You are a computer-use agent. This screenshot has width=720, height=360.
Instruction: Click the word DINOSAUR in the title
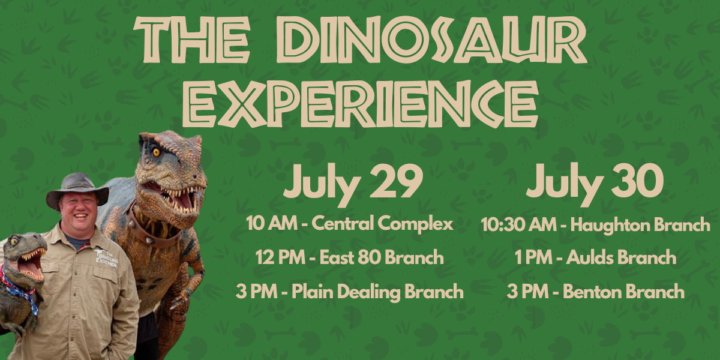[x=431, y=39]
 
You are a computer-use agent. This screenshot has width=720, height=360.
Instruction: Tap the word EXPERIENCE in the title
[x=360, y=103]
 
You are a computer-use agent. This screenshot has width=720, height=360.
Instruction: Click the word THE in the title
[x=192, y=40]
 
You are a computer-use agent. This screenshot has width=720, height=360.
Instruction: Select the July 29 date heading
[x=353, y=183]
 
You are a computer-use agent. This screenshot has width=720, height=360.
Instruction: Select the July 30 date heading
[x=595, y=183]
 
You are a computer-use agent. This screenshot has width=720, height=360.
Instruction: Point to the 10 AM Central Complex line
[x=350, y=223]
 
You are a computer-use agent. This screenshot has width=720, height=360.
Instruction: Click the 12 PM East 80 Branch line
[x=350, y=257]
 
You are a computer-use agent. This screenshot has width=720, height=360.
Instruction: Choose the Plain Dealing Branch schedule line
[x=350, y=292]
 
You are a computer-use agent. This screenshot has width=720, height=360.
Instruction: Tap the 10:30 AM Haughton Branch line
[x=595, y=224]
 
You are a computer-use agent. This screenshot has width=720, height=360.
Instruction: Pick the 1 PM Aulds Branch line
[x=595, y=257]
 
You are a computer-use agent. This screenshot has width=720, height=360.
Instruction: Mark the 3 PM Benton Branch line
[x=595, y=291]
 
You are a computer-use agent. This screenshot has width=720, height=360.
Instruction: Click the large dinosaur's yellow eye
[x=157, y=152]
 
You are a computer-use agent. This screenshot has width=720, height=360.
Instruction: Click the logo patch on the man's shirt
[x=107, y=258]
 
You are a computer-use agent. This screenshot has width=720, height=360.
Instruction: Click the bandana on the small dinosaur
[x=20, y=291]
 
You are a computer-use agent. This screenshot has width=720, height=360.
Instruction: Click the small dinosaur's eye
[x=14, y=241]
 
